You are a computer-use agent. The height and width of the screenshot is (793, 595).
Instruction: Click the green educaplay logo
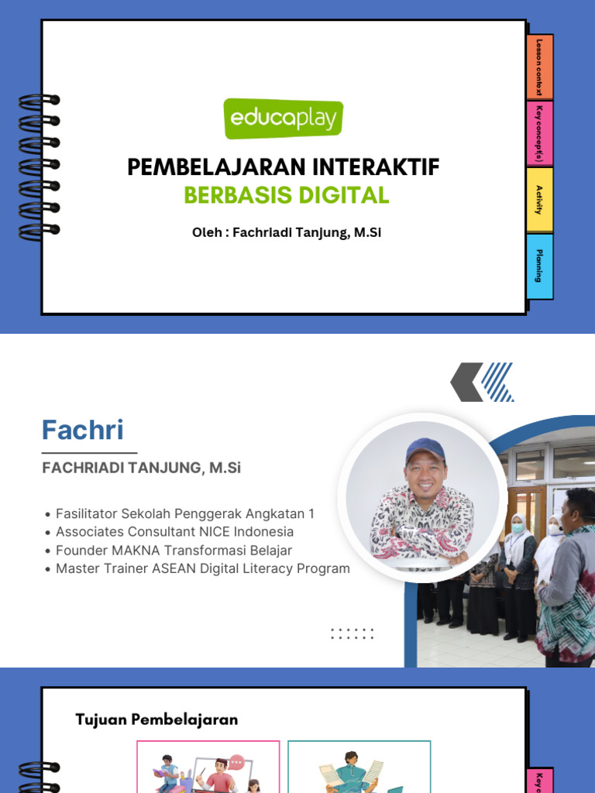284,118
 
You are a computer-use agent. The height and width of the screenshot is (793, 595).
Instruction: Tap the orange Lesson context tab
539,67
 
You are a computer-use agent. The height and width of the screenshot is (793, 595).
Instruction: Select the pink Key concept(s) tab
539,134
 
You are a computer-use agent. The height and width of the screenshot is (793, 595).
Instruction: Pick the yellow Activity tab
539,200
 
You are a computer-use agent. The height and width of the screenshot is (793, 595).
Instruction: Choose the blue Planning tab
539,266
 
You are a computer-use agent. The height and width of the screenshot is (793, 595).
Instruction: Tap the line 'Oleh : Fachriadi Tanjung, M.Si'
287,233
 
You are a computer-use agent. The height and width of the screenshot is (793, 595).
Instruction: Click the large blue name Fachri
82,431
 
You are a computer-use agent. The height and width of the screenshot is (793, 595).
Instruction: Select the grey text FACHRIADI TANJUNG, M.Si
142,468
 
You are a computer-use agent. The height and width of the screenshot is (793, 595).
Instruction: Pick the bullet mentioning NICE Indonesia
174,532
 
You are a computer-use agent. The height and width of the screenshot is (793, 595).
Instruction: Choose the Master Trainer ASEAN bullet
202,569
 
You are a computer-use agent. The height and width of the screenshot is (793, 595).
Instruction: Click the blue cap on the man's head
425,450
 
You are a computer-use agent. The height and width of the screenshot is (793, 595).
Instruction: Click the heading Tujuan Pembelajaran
156,719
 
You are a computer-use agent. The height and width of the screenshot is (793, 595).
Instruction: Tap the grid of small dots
353,633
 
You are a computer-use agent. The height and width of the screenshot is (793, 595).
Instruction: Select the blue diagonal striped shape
497,382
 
